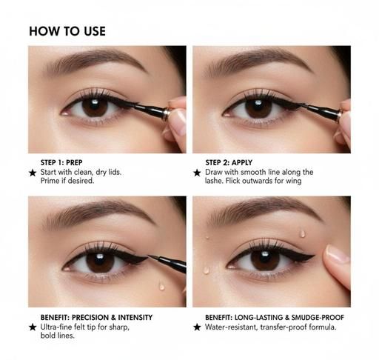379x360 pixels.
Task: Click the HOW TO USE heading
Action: tap(67, 31)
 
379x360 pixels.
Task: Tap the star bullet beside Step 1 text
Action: tap(33, 173)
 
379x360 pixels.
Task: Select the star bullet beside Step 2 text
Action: tap(197, 173)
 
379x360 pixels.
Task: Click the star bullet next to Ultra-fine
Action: tap(33, 327)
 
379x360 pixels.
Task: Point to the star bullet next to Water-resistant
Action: tap(197, 327)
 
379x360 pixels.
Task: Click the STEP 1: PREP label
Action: tap(61, 162)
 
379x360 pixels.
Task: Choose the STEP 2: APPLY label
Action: tap(229, 162)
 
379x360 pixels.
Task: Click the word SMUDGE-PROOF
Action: tap(318, 317)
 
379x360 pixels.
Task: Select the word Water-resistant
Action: tap(231, 327)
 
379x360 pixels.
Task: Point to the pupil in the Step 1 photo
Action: tap(95, 107)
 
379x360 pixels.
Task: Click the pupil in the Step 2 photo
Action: tap(258, 108)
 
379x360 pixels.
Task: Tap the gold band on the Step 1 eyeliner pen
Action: tap(167, 113)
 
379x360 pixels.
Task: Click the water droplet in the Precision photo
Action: tap(162, 286)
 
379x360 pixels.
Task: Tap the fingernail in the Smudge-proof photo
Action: tap(337, 253)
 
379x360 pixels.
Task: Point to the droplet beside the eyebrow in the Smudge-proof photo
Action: tap(303, 233)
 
